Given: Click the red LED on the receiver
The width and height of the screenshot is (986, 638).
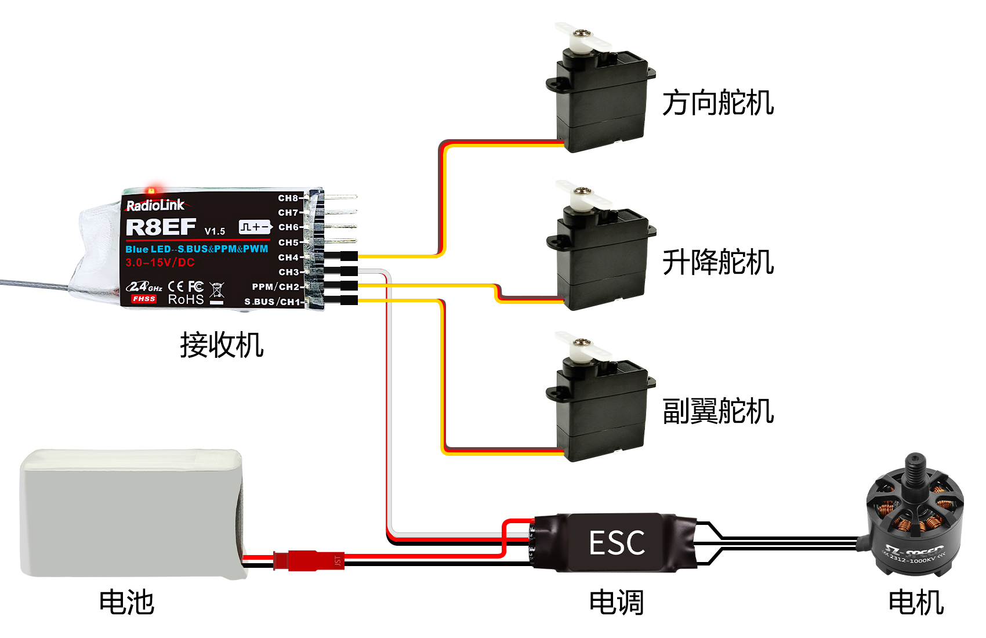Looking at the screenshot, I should (x=152, y=190).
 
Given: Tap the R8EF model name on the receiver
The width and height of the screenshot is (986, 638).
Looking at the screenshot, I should (x=161, y=227).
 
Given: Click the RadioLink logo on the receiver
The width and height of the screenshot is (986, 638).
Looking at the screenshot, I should (x=155, y=205).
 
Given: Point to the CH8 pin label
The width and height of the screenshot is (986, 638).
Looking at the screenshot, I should (x=288, y=198).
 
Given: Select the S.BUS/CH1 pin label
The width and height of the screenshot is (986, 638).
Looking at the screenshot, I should (x=272, y=302).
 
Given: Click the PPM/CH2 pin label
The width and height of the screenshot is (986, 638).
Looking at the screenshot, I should (x=275, y=287).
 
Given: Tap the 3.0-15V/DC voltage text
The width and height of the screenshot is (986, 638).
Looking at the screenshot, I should (x=160, y=262).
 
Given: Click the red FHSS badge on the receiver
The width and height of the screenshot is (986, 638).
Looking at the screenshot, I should (x=143, y=299).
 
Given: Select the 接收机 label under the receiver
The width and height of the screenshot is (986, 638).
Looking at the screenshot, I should (x=222, y=345).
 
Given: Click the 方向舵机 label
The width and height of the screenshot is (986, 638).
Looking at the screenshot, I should (x=718, y=103).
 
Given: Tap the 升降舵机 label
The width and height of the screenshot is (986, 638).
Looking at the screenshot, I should (x=718, y=262).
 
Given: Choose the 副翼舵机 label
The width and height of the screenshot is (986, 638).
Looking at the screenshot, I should (x=718, y=411).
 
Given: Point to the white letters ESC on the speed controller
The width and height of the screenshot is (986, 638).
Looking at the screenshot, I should (x=617, y=543).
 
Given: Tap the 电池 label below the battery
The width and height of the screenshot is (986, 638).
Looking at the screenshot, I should (x=126, y=602).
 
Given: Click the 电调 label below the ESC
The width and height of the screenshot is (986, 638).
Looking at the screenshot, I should (x=616, y=602).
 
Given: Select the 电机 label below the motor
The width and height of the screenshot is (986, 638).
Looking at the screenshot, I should (x=916, y=602).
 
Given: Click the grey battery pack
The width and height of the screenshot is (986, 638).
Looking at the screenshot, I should (x=130, y=513).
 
